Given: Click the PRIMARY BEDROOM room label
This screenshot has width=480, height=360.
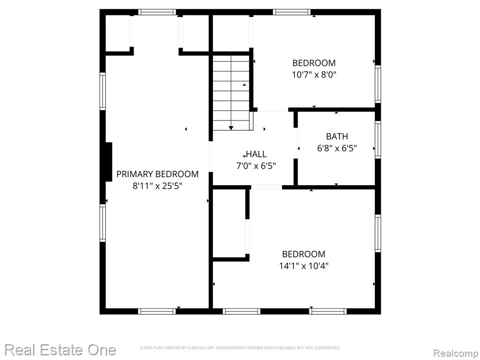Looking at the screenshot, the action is pyautogui.click(x=157, y=174).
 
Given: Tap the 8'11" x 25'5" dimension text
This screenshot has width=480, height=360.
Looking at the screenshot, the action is pyautogui.click(x=157, y=186).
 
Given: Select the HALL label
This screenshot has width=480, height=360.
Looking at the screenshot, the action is pyautogui.click(x=256, y=154).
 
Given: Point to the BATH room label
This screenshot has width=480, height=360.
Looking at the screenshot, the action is pyautogui.click(x=337, y=136).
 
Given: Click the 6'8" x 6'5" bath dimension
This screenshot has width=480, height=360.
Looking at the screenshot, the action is pyautogui.click(x=337, y=149).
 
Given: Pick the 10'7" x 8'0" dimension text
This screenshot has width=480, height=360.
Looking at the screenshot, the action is pyautogui.click(x=314, y=75).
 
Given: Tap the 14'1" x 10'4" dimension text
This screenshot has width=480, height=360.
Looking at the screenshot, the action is pyautogui.click(x=304, y=266).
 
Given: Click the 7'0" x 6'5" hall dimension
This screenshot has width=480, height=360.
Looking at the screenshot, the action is pyautogui.click(x=256, y=166).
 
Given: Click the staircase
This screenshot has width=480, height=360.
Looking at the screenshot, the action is pyautogui.click(x=232, y=92).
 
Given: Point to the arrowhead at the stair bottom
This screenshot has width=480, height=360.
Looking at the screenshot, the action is pyautogui.click(x=231, y=128).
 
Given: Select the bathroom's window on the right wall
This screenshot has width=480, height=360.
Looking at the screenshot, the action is pyautogui.click(x=378, y=140).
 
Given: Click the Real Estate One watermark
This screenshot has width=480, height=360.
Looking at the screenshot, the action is pyautogui.click(x=60, y=350).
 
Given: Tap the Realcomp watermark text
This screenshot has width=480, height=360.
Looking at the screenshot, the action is pyautogui.click(x=456, y=353).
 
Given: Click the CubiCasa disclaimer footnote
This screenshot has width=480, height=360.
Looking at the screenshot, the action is pyautogui.click(x=240, y=348).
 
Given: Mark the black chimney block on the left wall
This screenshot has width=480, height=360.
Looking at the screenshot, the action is pyautogui.click(x=109, y=162).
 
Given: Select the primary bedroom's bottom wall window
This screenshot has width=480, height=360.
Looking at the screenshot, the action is pyautogui.click(x=157, y=311).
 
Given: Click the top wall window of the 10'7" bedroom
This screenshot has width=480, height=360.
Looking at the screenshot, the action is pyautogui.click(x=292, y=12).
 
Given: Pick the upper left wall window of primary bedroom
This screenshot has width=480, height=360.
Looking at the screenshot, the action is pyautogui.click(x=103, y=91).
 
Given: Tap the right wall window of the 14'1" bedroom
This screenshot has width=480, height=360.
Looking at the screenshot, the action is pyautogui.click(x=378, y=233).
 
